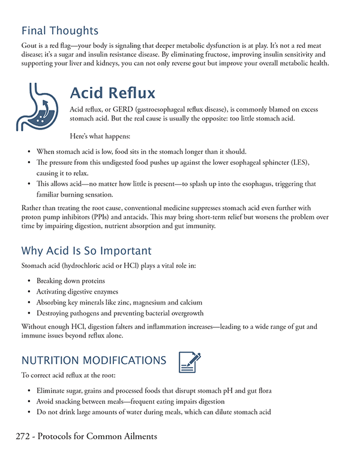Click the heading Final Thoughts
click(60, 30)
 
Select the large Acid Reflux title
click(113, 93)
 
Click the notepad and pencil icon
click(190, 361)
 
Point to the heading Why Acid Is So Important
click(86, 250)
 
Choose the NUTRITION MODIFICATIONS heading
click(94, 360)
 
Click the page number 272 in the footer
click(25, 436)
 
